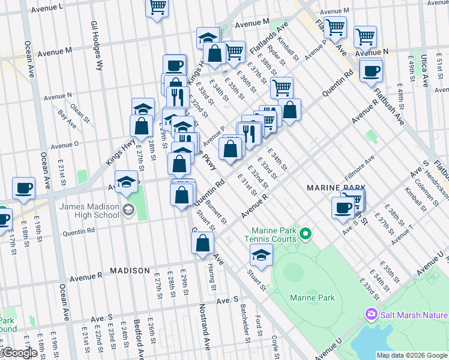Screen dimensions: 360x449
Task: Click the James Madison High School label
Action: [x=89, y=211]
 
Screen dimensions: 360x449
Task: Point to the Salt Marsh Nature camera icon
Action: [x=371, y=314]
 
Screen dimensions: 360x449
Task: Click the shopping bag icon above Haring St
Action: [x=203, y=243]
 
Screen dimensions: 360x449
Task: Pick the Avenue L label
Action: [x=45, y=7]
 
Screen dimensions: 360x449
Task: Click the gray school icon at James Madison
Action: [x=128, y=209]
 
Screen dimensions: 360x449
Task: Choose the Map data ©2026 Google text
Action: [x=412, y=355]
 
